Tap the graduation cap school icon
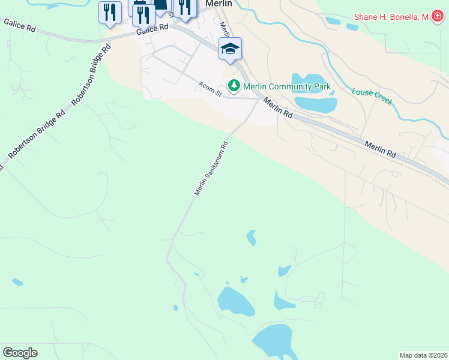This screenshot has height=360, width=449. pos(230,47)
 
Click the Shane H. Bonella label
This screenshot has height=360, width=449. pos(392,17)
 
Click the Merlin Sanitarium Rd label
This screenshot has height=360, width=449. pos(211,169)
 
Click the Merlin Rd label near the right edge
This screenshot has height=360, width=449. pos(381,149)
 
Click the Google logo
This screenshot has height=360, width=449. pos(20,353)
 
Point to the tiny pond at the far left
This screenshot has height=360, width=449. pos(17,282)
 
